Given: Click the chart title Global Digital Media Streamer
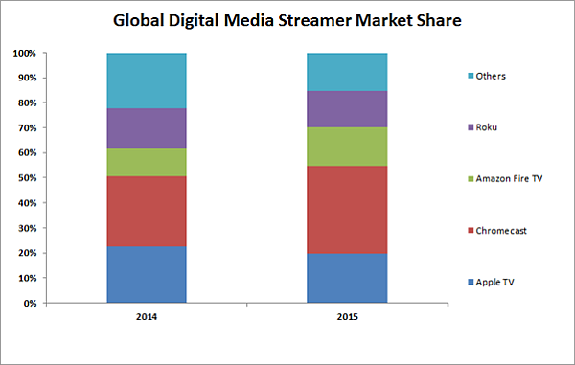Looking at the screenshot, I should tap(287, 19).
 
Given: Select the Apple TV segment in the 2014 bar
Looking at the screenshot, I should tap(146, 275).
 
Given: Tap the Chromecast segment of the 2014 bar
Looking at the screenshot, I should tap(146, 212).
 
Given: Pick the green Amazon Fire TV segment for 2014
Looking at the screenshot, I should tap(146, 162).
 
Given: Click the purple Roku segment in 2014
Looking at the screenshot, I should tap(146, 128).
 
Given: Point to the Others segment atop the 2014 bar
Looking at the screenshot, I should tap(146, 80).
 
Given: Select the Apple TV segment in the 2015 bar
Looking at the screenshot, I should tap(346, 278).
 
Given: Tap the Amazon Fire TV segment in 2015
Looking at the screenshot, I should tap(346, 147).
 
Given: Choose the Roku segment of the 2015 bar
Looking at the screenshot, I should tap(346, 109).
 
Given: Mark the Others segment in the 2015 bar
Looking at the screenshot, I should tap(346, 72).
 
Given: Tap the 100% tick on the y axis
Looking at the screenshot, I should tap(26, 54).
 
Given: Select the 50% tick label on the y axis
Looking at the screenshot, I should tap(28, 178).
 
